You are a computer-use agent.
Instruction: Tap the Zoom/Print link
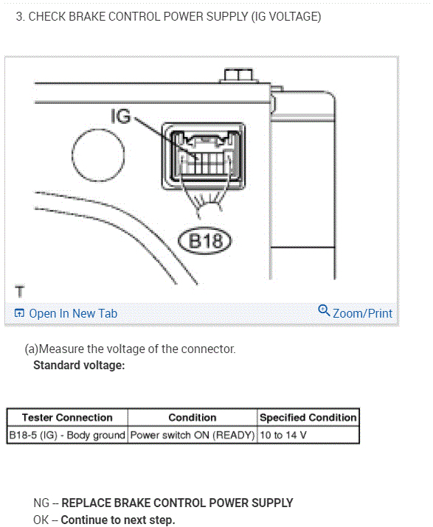362,313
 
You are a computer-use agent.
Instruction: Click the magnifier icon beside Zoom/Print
324,310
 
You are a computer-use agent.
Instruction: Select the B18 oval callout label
205,240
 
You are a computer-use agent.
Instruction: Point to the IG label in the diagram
120,116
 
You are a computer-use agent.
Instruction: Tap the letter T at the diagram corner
20,291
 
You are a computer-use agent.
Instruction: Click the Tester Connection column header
67,417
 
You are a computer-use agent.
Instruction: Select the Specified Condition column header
308,417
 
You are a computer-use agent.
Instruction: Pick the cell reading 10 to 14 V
283,435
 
